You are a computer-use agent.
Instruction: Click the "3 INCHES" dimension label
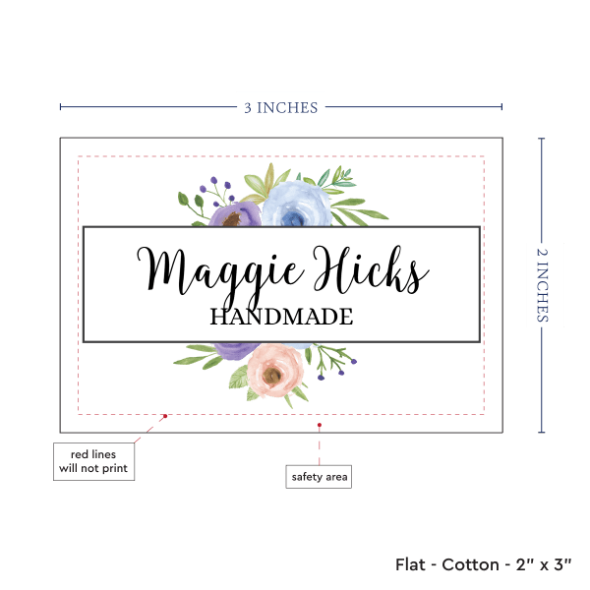pos(281,107)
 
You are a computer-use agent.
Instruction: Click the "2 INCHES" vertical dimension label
pos(544,284)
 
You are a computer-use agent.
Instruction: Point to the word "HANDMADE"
pos(281,317)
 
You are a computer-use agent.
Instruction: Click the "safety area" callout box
pos(319,478)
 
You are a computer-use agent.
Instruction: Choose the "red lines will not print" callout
pos(93,461)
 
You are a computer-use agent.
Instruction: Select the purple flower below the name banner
pos(233,353)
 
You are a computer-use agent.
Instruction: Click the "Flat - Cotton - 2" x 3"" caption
pos(487,564)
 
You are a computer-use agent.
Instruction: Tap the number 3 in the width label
pos(250,107)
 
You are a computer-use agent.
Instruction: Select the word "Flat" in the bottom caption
pos(411,564)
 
